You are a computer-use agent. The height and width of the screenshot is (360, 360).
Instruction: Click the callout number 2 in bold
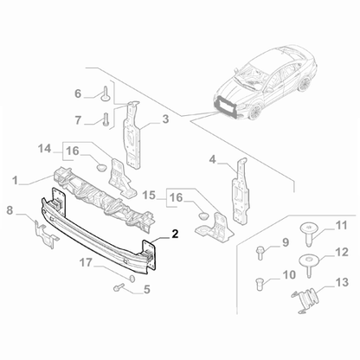174,234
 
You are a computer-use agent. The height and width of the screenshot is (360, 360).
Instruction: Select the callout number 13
340,282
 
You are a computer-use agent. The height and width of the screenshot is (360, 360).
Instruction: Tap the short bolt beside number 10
259,281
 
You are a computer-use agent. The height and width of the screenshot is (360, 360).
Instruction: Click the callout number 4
212,158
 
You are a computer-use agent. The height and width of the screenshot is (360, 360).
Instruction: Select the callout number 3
164,119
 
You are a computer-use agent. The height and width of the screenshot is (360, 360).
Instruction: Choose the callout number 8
10,209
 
